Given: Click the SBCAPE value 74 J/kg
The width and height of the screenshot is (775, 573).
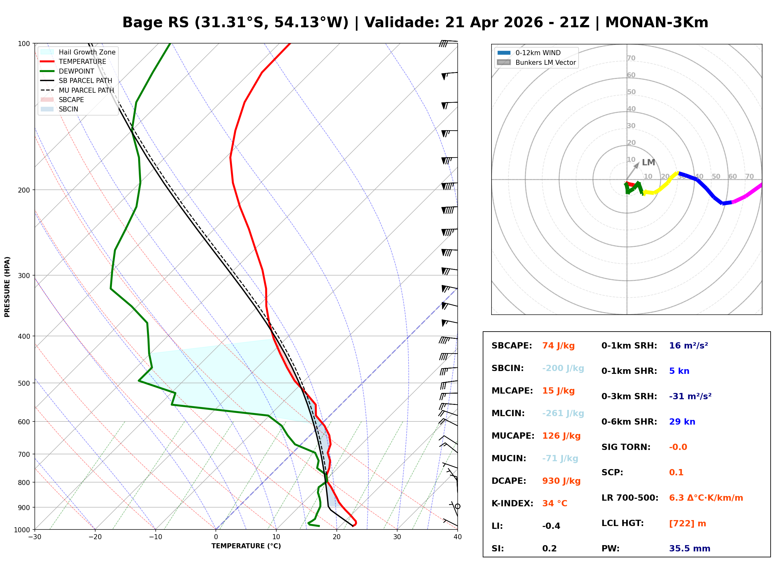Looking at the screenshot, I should pos(558,346).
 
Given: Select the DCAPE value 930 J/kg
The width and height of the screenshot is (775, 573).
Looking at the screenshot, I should pos(561,481).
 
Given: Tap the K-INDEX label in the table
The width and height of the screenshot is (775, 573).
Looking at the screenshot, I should pos(512,503).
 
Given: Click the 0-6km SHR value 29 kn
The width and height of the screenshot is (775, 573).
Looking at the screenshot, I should pos(682,422).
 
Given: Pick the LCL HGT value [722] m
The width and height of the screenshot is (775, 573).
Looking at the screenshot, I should pos(687,524).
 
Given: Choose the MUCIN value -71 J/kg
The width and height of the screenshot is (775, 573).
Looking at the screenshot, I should pos(560,458).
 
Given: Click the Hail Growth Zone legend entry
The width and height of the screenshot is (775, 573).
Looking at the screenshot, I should pos(87,52).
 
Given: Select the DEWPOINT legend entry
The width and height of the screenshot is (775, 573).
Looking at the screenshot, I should pos(76,71).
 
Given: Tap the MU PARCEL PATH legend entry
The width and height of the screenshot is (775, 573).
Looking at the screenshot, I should pos(86,90).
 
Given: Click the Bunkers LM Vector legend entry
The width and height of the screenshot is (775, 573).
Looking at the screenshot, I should pos(545,62).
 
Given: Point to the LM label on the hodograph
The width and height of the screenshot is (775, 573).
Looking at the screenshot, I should pos(648,162).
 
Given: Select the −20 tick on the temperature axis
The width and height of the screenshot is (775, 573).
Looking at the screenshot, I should pos(95,537).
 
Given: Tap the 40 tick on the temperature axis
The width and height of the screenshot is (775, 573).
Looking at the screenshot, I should pos(457,537).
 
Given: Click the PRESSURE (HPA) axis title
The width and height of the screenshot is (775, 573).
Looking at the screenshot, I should pos(7,287).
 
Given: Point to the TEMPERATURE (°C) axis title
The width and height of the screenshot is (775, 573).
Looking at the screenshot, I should pos(246,546).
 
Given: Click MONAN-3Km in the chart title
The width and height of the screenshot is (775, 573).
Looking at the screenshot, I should pos(656,23).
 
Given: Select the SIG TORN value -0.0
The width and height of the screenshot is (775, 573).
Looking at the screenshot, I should pos(678,447).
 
